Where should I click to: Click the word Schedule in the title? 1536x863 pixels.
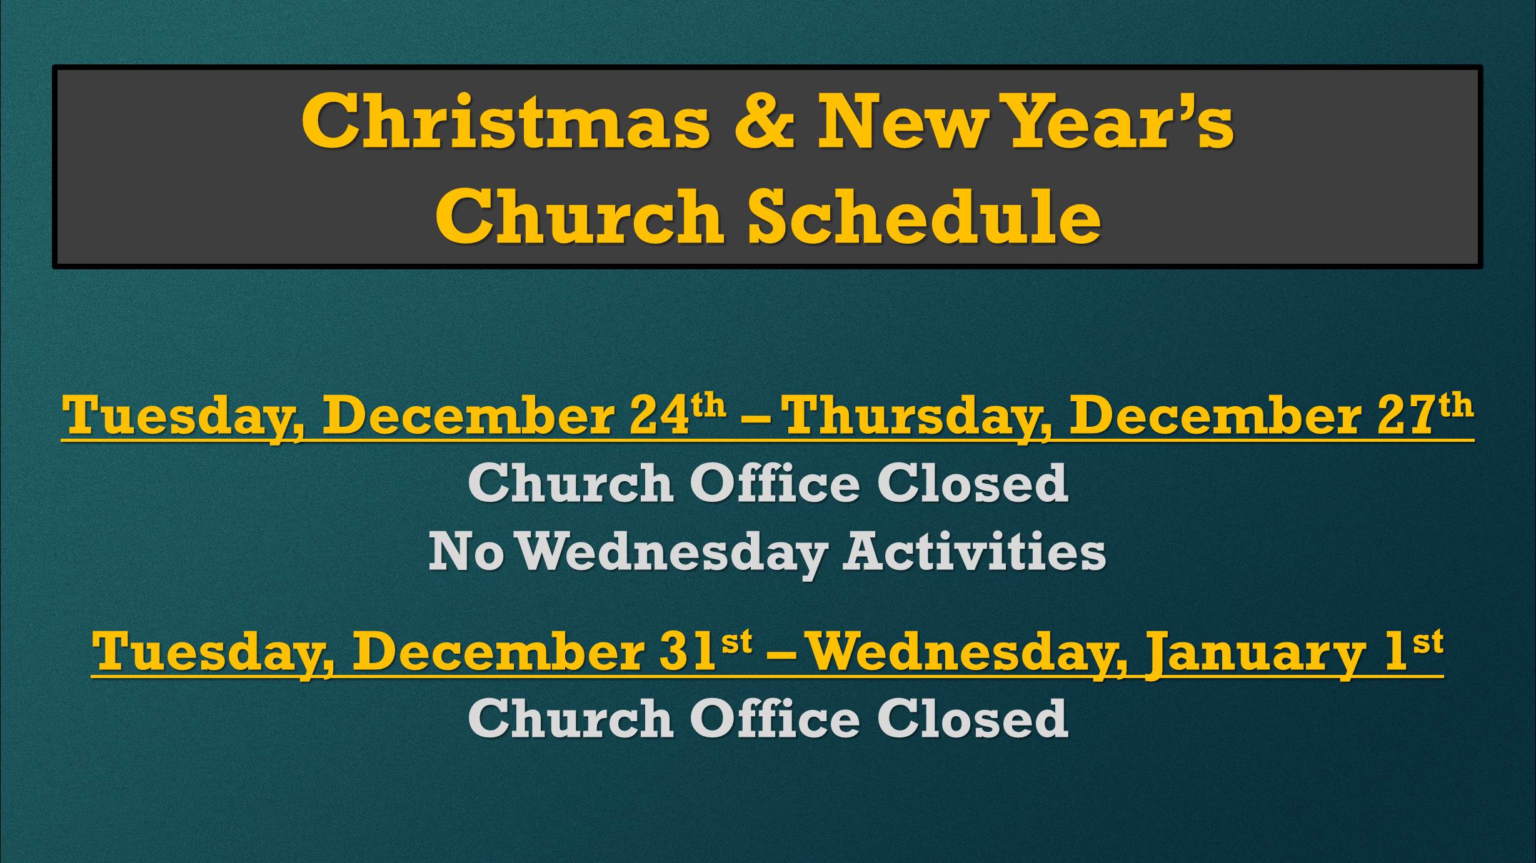[x=925, y=216]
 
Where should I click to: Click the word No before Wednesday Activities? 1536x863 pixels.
[x=466, y=551]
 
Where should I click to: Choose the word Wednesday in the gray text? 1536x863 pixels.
[x=673, y=554]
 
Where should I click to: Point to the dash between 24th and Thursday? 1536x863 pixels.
[x=755, y=417]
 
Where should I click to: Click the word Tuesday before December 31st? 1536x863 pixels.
[x=213, y=654]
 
